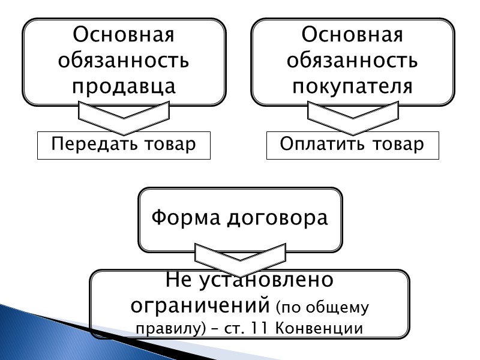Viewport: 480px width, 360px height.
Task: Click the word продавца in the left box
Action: (x=124, y=85)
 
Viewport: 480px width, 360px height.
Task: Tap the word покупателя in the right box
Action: (x=352, y=85)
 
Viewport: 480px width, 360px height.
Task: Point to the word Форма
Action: (x=185, y=217)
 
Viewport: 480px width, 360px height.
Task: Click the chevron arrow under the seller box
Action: (x=124, y=118)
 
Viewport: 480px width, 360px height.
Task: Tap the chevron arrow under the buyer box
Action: (x=352, y=118)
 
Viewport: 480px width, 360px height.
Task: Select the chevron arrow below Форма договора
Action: (x=240, y=255)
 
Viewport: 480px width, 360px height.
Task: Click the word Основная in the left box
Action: (x=124, y=34)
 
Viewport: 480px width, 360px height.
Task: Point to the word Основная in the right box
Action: (x=352, y=34)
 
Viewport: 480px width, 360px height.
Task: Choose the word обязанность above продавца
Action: (x=124, y=60)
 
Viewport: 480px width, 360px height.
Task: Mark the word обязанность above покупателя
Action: (x=352, y=60)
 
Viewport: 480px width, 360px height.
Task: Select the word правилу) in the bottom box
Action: (x=167, y=329)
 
